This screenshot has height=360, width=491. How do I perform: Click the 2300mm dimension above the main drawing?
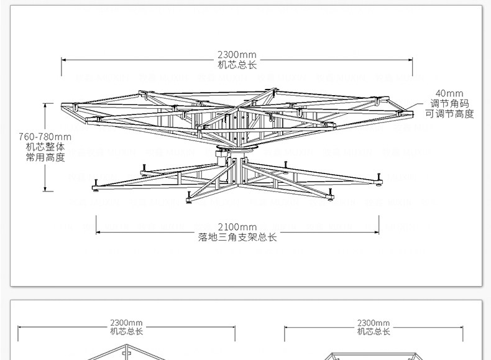tap(236, 54)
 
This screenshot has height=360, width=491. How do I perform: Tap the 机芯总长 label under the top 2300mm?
tap(236, 64)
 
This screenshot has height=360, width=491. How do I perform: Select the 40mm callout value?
tap(449, 93)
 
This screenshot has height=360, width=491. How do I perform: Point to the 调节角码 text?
tap(449, 104)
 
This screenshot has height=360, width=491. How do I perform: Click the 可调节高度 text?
tap(449, 114)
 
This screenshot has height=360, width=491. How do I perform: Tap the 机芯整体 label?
tap(45, 147)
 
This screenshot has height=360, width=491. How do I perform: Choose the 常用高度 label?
tap(45, 158)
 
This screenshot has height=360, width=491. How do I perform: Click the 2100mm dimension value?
tap(237, 226)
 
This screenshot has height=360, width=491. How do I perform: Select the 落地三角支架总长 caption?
tap(237, 237)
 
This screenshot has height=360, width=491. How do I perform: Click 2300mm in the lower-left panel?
tap(127, 323)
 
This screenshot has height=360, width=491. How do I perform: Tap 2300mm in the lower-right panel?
tap(374, 323)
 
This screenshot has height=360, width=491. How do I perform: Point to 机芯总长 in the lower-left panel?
tap(127, 332)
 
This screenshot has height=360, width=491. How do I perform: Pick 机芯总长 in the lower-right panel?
tap(374, 332)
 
